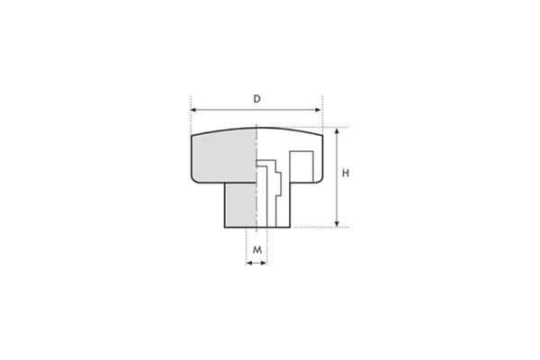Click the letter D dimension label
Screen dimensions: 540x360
click(x=256, y=99)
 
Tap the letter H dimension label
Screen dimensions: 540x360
click(x=346, y=174)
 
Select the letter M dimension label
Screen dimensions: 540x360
click(x=257, y=250)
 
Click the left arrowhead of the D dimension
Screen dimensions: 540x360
click(x=193, y=110)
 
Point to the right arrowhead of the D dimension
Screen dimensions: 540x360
click(x=318, y=110)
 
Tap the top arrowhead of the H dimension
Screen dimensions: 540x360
click(x=337, y=130)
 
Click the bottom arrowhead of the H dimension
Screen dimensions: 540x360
click(x=337, y=224)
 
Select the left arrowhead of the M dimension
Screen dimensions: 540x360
click(x=249, y=263)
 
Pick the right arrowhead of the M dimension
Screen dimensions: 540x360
click(x=264, y=263)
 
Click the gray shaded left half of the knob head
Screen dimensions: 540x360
click(x=224, y=157)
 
